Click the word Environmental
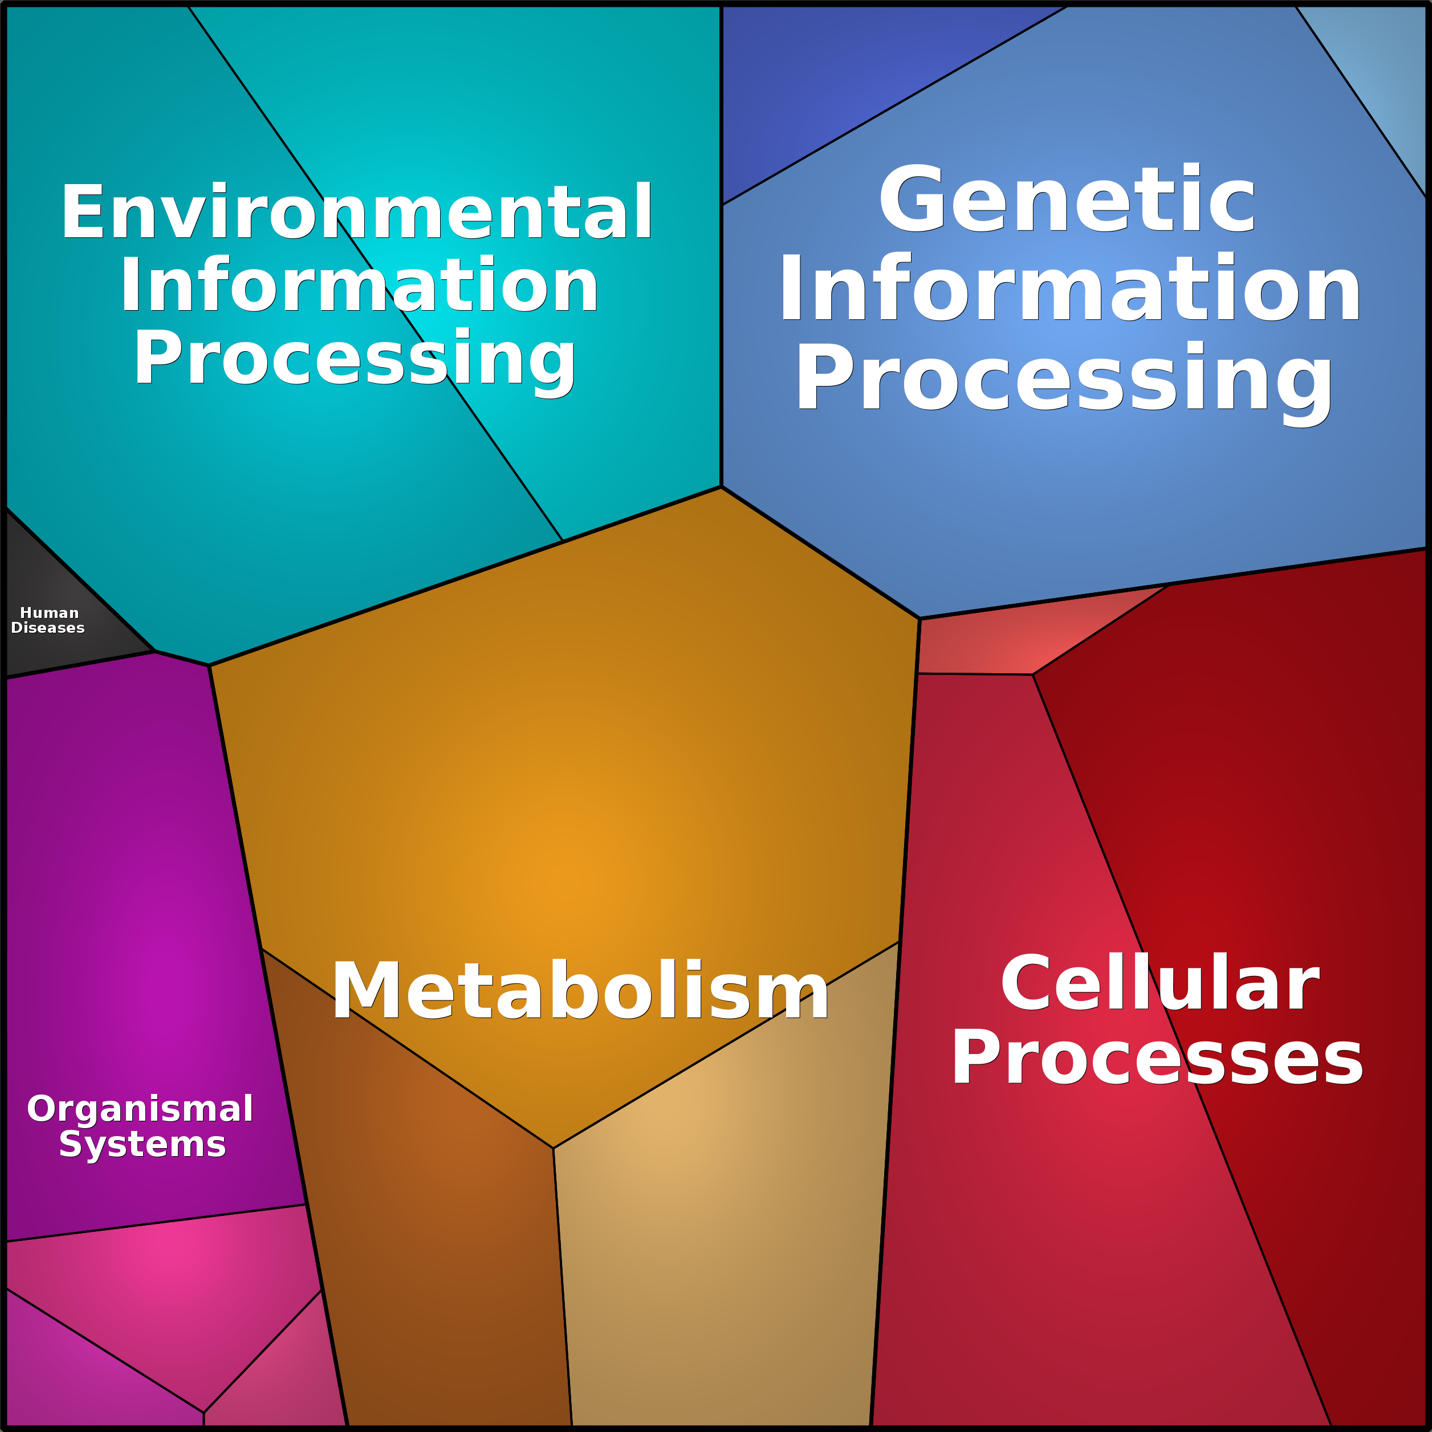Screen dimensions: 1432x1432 [356, 212]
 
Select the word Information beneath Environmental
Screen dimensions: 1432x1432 [360, 284]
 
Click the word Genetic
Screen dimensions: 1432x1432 [1067, 198]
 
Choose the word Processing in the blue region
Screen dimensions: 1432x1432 [1064, 380]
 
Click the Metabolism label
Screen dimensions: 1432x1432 [580, 990]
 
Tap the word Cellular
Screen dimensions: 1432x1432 [1161, 983]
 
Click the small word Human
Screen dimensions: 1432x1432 [49, 613]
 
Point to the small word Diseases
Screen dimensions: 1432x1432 [48, 628]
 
